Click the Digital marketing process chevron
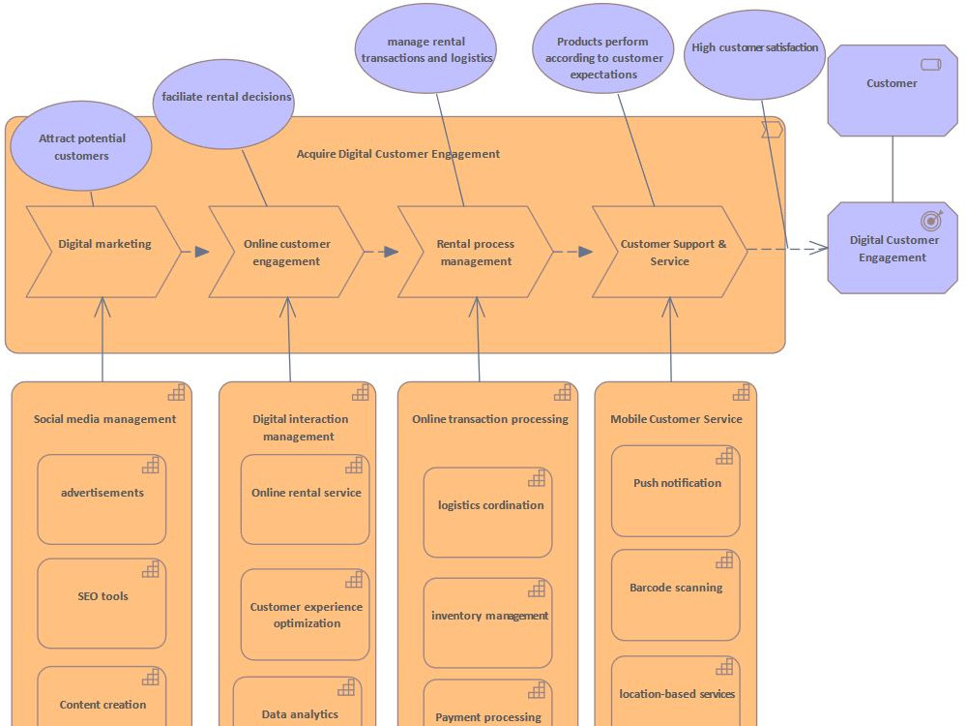[x=103, y=252]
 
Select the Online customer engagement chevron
[x=286, y=252]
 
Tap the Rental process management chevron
[x=475, y=252]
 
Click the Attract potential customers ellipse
[x=81, y=147]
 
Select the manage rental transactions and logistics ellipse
[x=426, y=49]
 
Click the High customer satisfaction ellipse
[x=754, y=54]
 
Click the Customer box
[x=892, y=89]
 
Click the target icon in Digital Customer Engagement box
[x=931, y=220]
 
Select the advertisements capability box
[x=102, y=499]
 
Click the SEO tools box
[x=102, y=603]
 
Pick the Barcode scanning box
[x=675, y=594]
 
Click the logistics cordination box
[x=487, y=512]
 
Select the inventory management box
[x=487, y=622]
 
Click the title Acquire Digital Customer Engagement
[x=397, y=154]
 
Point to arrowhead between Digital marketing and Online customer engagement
[x=201, y=252]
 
